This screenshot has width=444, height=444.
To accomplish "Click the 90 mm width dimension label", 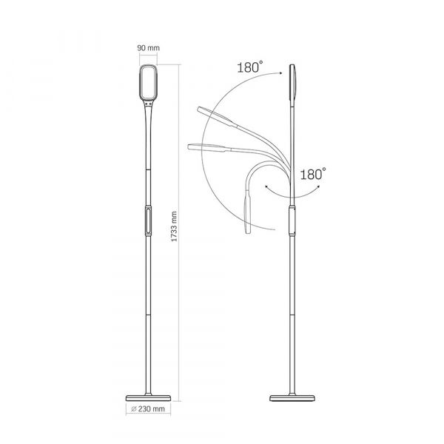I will coord(149,50).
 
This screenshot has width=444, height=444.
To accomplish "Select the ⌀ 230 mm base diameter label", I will coord(149,409).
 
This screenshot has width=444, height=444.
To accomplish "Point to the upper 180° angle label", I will coord(249,67).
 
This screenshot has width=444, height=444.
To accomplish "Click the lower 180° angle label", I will coord(314,175).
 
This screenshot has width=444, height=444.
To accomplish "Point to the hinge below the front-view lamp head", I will coord(149,107).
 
